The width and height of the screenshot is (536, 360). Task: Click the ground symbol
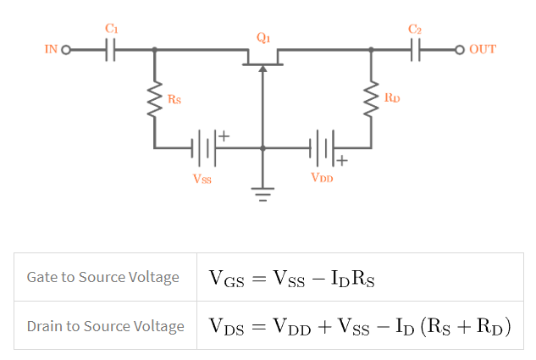(262, 193)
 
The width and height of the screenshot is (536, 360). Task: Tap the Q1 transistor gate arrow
(262, 73)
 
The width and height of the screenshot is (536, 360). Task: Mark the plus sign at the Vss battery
(224, 135)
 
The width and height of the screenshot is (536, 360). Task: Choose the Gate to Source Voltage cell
(103, 277)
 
